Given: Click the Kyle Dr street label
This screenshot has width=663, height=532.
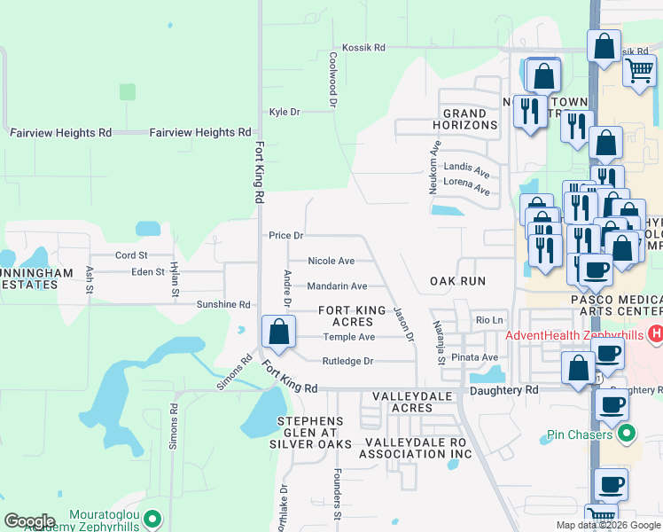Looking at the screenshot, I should tap(285, 112).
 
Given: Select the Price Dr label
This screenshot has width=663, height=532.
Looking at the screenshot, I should tap(286, 236).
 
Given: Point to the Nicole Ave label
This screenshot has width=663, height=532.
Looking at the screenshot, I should tap(331, 261).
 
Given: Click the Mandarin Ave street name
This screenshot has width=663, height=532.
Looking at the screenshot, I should tap(337, 286).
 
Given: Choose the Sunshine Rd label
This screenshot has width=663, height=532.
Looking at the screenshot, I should tap(222, 304).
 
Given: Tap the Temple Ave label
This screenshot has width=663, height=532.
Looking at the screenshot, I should tap(348, 337).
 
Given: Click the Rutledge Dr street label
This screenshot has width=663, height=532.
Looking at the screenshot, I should tap(347, 361).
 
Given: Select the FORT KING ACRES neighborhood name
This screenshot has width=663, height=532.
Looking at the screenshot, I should tap(352, 316).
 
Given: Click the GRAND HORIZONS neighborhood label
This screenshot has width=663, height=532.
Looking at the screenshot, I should tap(465, 120).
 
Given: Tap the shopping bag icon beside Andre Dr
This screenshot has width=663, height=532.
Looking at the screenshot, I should tap(279, 333).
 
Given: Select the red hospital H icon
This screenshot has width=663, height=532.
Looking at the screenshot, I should tap(656, 334).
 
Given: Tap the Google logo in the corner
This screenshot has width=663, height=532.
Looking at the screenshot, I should tap(29, 521).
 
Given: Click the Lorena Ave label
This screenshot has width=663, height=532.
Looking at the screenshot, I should tap(466, 190).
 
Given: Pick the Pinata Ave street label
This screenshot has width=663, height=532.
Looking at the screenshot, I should tap(474, 357).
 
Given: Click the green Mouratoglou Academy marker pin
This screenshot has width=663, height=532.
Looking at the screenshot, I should tap(152, 518).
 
